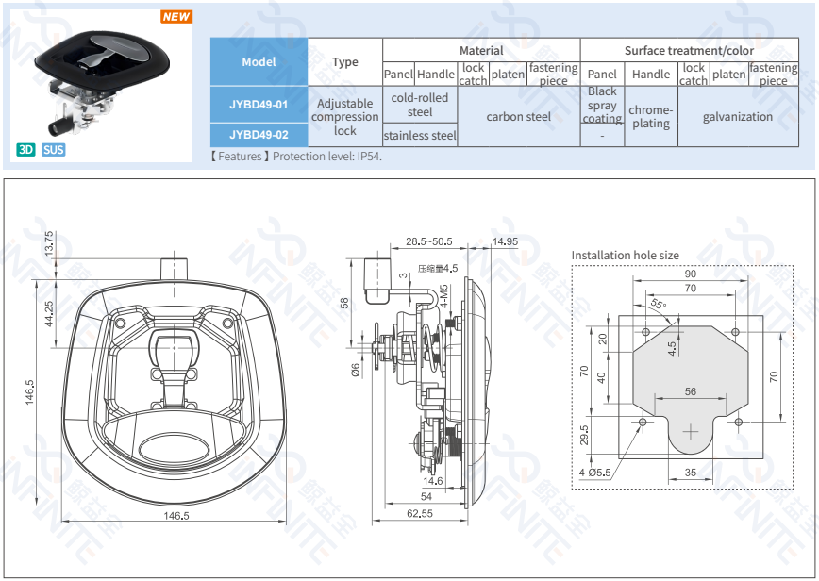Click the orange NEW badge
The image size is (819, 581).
click(x=175, y=17)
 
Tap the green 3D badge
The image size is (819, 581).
click(x=25, y=149)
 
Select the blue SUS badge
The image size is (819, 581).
click(x=54, y=149)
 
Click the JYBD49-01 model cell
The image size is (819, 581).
click(x=259, y=105)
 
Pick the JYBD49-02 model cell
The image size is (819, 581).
click(x=259, y=134)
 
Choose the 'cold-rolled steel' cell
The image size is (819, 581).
click(x=420, y=105)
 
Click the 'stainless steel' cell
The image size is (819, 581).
click(x=420, y=135)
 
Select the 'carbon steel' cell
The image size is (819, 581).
click(x=518, y=117)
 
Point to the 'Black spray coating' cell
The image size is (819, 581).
click(x=602, y=105)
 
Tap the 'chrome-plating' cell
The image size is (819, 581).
click(x=651, y=117)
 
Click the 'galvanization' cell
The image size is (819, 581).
click(x=738, y=117)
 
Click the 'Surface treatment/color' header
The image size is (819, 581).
click(x=689, y=50)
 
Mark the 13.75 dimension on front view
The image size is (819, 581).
click(x=49, y=243)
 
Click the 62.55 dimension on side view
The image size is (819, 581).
click(x=420, y=514)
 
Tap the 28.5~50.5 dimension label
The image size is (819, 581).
click(x=429, y=241)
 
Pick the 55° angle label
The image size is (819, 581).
click(x=658, y=305)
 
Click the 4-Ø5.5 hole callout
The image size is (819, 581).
click(x=595, y=472)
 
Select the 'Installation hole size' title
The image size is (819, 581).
click(x=625, y=255)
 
